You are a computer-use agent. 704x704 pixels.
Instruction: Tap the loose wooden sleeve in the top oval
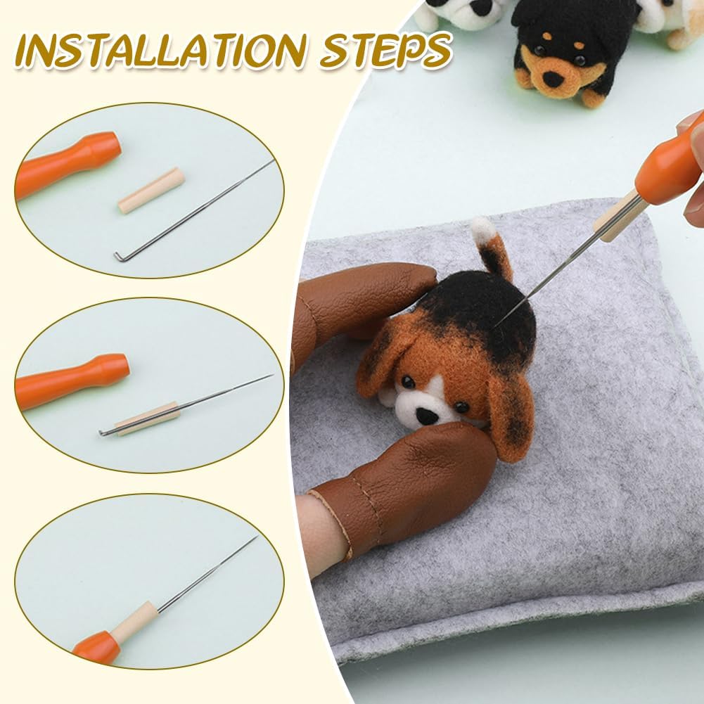point(151,191)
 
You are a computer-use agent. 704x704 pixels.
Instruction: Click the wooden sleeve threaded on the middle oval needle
point(147,418)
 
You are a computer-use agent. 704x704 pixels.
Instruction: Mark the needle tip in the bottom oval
point(255,539)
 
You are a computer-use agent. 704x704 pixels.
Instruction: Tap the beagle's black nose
point(426,416)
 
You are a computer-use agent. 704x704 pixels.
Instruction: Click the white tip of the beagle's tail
point(482,229)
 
